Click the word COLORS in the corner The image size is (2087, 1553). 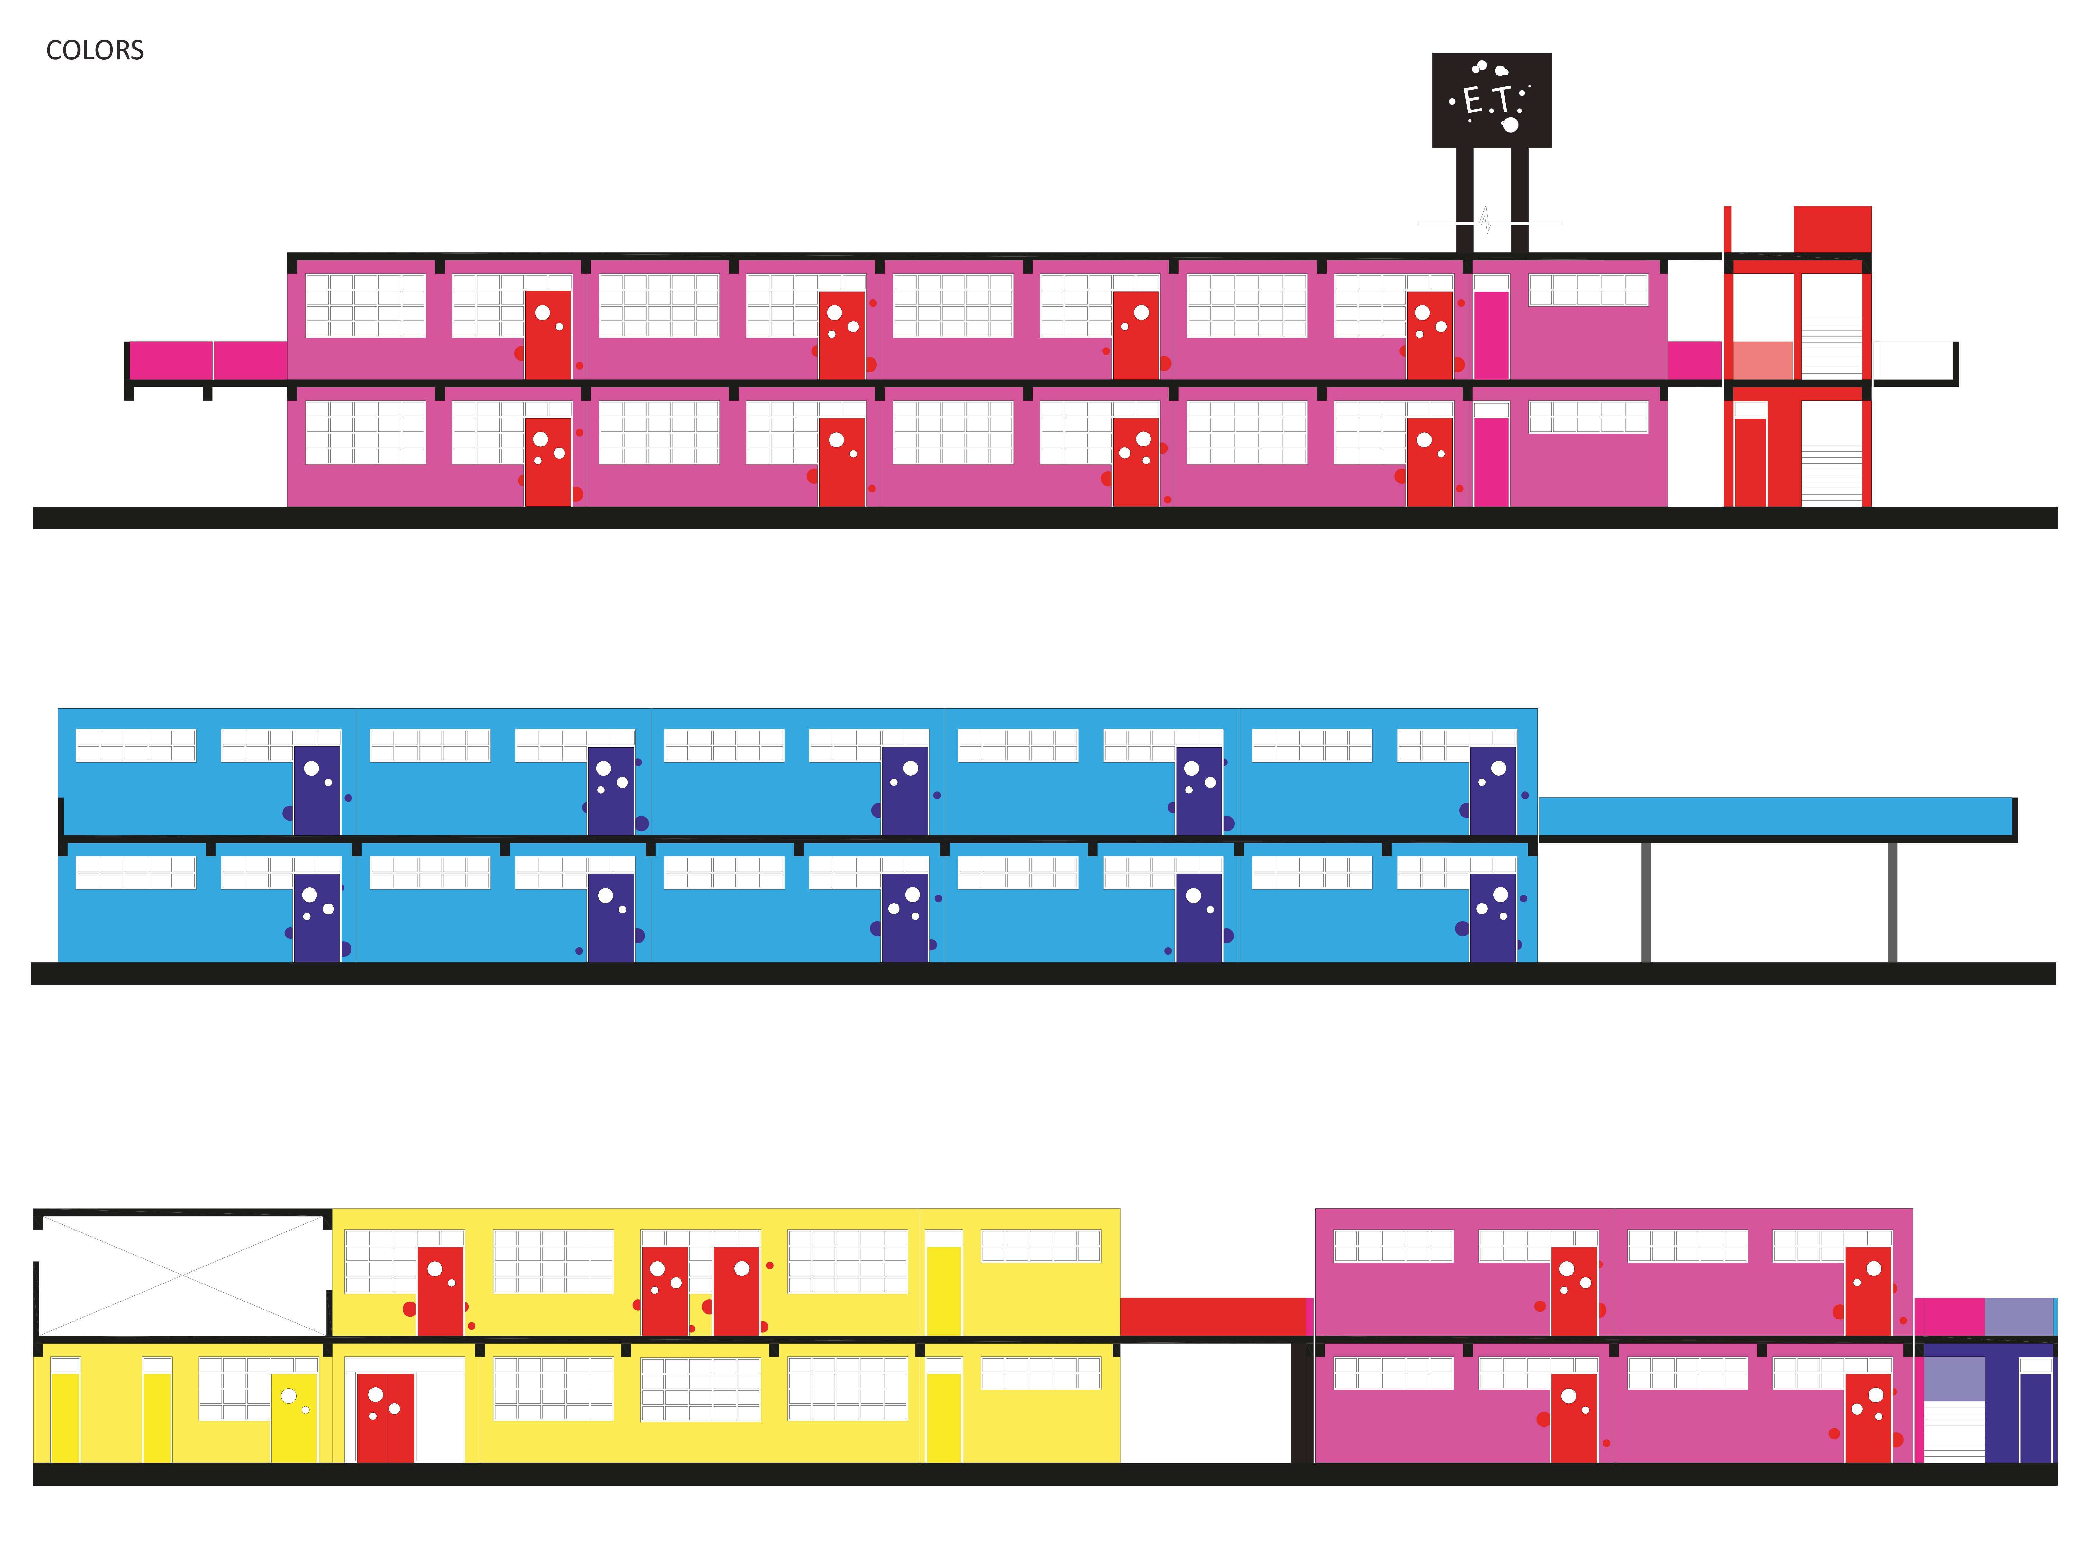[95, 51]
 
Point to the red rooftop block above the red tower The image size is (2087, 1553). [1831, 228]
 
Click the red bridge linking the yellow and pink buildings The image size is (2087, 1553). [1213, 1316]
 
